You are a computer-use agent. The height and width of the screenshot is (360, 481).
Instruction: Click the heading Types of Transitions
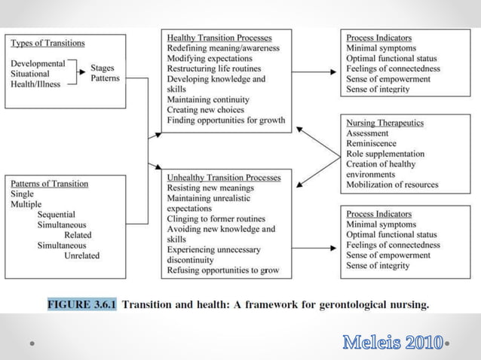[47, 43]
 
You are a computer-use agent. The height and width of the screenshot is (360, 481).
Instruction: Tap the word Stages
[103, 68]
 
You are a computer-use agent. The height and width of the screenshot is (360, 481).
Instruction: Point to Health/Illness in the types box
[35, 84]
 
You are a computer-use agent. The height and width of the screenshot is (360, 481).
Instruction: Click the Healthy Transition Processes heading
[219, 38]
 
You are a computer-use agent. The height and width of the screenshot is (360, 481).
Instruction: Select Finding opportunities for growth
[226, 121]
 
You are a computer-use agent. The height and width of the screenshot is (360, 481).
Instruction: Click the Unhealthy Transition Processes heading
[224, 177]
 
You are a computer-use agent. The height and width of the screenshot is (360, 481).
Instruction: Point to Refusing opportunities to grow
[222, 270]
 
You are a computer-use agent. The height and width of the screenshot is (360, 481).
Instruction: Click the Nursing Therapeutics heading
[384, 123]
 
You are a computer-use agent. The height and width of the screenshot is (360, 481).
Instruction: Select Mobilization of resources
[392, 185]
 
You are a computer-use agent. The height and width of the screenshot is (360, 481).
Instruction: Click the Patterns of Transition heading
[49, 184]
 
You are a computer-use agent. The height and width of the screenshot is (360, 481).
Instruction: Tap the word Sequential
[61, 215]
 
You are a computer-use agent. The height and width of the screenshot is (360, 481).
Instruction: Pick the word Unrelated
[81, 255]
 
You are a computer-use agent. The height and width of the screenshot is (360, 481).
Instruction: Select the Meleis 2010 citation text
[392, 343]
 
